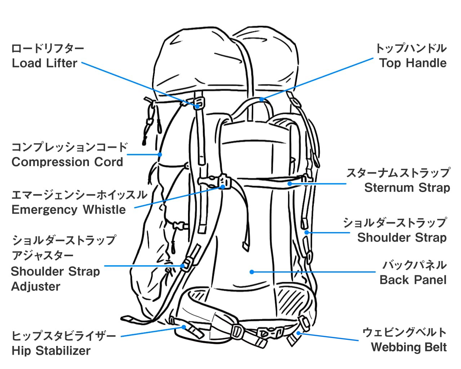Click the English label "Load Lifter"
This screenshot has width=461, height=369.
pos(45,63)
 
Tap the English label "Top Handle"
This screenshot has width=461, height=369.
pos(413,63)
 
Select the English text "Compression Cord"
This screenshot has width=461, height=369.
pos(67,162)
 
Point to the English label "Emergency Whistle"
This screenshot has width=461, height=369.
pos(68,209)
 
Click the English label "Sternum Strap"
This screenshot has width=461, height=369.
pos(407,188)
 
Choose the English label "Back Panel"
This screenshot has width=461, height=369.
pos(413,280)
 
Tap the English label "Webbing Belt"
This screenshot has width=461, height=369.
pos(409,347)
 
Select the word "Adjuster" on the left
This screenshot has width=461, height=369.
pos(36,286)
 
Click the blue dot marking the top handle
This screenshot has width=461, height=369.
pos(261,99)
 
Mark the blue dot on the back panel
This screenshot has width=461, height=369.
pos(252,272)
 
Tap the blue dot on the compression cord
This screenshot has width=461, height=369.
pos(160,154)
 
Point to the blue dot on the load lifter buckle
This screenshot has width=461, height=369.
pos(197,106)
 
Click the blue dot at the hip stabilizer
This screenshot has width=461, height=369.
pos(184,327)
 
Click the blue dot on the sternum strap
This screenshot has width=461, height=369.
pos(290,184)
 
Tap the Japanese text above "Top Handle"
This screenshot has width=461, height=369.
pos(411,48)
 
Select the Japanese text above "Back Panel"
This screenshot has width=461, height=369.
pos(415,265)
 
